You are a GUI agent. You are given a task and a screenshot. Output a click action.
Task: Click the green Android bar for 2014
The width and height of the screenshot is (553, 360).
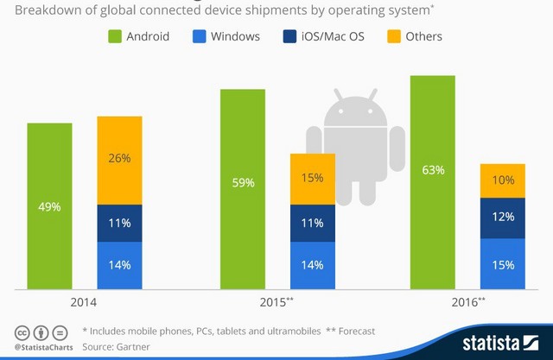[49, 207]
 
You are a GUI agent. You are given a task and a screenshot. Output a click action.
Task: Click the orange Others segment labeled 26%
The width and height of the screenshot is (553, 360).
[120, 159]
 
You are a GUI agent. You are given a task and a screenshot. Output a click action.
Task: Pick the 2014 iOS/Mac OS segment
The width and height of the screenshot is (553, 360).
[120, 223]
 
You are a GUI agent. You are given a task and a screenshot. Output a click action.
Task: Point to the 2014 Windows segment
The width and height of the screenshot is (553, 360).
[120, 266]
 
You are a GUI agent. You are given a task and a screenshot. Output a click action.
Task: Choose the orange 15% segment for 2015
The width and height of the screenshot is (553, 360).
[312, 179]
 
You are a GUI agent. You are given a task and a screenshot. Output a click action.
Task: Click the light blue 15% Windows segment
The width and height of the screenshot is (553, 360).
[502, 265]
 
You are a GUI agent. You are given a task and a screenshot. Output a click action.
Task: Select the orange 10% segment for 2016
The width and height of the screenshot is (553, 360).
[502, 180]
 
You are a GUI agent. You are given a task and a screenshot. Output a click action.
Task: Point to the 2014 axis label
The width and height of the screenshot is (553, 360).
[85, 303]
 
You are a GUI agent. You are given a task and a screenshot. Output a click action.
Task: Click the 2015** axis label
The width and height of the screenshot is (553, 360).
[276, 303]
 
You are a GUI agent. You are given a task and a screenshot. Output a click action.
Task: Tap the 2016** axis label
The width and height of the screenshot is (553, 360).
[467, 303]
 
